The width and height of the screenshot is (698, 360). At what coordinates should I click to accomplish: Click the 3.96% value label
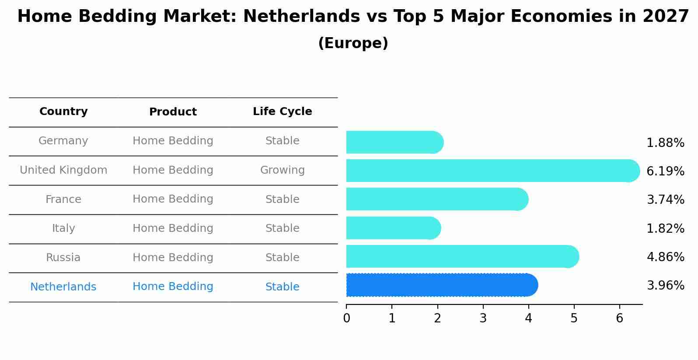[665, 286]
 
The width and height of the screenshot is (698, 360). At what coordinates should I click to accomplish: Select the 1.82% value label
[665, 228]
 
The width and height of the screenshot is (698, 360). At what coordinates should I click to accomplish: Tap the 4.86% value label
[665, 257]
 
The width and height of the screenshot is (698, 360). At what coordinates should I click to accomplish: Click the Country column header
[63, 112]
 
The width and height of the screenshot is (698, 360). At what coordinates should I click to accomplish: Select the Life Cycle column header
[282, 112]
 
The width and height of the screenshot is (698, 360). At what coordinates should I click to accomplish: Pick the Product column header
[173, 112]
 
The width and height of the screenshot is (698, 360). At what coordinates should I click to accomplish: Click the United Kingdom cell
[63, 170]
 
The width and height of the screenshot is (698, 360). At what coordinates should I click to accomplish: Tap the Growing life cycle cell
[282, 170]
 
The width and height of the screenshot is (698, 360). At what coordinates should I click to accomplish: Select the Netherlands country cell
[63, 287]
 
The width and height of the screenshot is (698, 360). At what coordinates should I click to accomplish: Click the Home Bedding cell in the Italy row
[173, 228]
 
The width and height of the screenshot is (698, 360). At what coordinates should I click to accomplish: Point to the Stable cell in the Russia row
[282, 258]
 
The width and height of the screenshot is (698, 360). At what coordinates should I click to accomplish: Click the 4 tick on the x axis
[528, 318]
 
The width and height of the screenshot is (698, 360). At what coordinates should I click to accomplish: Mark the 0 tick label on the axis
[346, 318]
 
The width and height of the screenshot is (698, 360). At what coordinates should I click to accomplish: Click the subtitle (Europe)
[353, 43]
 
